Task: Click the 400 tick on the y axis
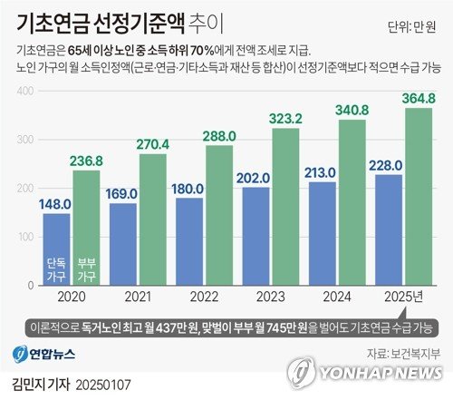pos(25,91)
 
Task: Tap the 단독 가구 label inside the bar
pos(56,269)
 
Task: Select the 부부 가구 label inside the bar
pos(87,269)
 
